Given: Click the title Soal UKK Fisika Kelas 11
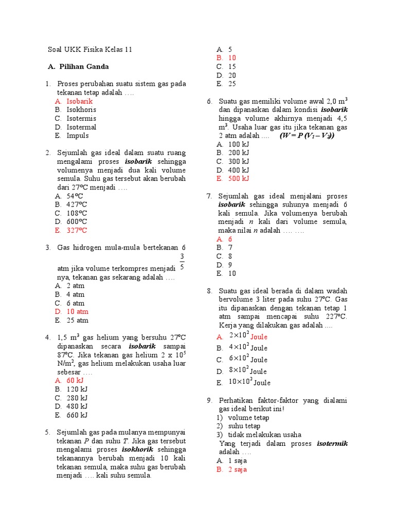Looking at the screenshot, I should [90, 50].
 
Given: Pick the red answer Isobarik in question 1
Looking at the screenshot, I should [79, 101].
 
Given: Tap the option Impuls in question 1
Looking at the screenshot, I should [77, 136].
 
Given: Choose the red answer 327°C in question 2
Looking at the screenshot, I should [77, 230].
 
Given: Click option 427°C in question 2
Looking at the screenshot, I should [77, 204].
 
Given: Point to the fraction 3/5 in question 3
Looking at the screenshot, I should [182, 261].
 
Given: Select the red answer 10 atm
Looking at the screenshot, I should [77, 311].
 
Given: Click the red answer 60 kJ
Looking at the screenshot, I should [75, 381].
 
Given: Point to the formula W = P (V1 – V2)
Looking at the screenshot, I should [307, 136].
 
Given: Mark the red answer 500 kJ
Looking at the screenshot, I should [238, 178].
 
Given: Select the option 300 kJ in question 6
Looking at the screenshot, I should [238, 161].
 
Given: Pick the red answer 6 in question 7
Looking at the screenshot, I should [230, 239].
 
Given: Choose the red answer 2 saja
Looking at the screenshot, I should [238, 469].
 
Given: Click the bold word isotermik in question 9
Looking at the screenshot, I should [332, 443].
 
